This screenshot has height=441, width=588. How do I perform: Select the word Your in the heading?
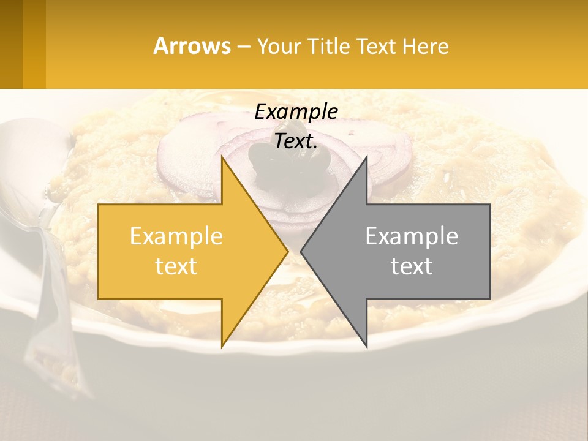tap(279, 46)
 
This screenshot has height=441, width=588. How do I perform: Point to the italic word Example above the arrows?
tap(296, 112)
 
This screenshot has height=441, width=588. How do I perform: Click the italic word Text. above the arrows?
tap(296, 141)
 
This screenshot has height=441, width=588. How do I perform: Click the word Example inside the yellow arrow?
tap(176, 236)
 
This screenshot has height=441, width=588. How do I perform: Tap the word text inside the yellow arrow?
tap(176, 266)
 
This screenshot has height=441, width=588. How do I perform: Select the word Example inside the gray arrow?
tap(412, 236)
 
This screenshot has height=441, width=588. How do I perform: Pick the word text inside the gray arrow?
tap(412, 266)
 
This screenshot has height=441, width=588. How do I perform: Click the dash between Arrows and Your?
tap(243, 47)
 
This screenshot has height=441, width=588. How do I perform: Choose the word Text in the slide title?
tap(376, 46)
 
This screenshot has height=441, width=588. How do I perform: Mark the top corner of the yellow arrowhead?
tap(222, 157)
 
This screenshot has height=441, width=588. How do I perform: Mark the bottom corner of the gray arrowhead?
tap(367, 347)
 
